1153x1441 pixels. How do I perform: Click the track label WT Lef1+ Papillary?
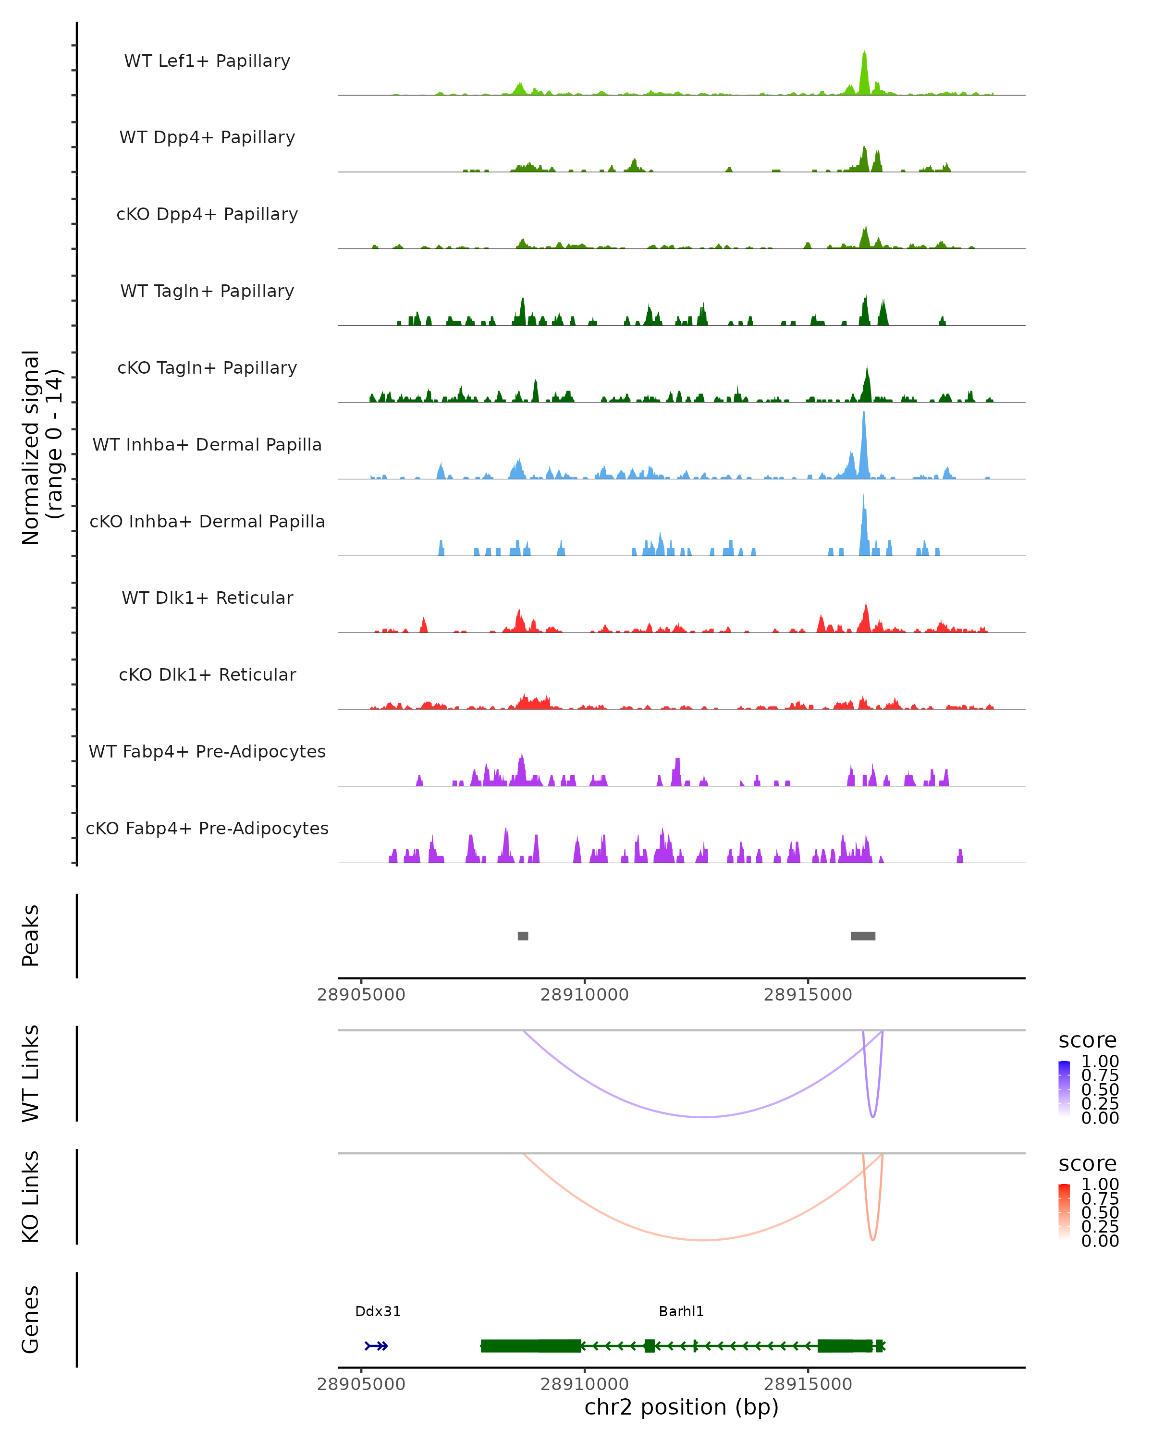pos(207,61)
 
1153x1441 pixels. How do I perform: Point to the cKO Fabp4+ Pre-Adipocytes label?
pos(207,828)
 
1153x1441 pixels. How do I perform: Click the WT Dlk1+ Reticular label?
pos(207,598)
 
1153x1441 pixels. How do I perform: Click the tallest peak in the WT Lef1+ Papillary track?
pos(864,53)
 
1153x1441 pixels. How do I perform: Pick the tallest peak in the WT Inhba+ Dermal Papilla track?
pos(864,415)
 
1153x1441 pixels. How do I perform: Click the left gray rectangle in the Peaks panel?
pos(523,936)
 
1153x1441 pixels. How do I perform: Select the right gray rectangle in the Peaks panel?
pos(863,936)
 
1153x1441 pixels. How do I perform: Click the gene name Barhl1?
pos(681,1311)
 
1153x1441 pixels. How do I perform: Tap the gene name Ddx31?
pos(378,1311)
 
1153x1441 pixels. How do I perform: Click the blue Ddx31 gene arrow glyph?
pos(376,1346)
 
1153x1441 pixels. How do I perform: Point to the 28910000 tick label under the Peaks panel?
pos(584,995)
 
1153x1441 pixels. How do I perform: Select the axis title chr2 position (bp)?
pos(681,1407)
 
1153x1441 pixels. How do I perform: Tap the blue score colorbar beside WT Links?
pos(1064,1089)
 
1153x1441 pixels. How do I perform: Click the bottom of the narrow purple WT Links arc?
pos(873,1117)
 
